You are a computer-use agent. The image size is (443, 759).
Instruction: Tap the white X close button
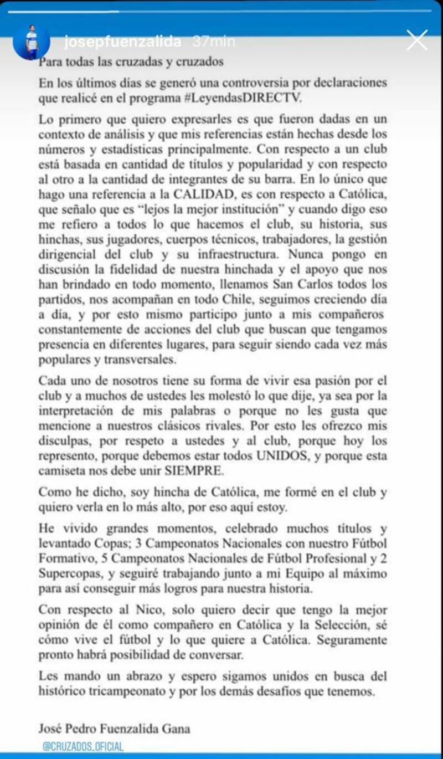pyautogui.click(x=417, y=40)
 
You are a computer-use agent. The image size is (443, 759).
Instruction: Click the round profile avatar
pyautogui.click(x=32, y=42)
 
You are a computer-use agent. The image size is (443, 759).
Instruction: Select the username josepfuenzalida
pyautogui.click(x=123, y=42)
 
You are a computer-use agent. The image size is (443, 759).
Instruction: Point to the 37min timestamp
pyautogui.click(x=213, y=42)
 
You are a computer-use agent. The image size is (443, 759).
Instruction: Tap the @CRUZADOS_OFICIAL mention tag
pyautogui.click(x=83, y=746)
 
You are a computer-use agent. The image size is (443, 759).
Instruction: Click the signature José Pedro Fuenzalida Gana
pyautogui.click(x=115, y=729)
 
